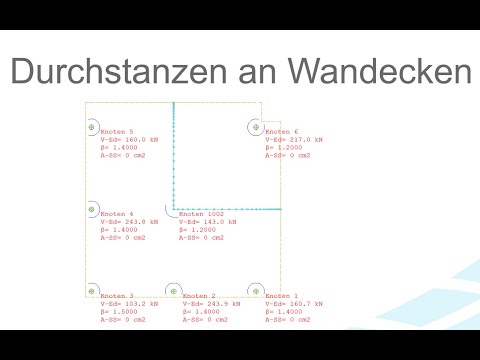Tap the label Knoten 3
click(x=116, y=296)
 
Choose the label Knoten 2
click(x=199, y=296)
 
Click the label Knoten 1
click(x=282, y=296)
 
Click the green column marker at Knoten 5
click(x=91, y=128)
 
